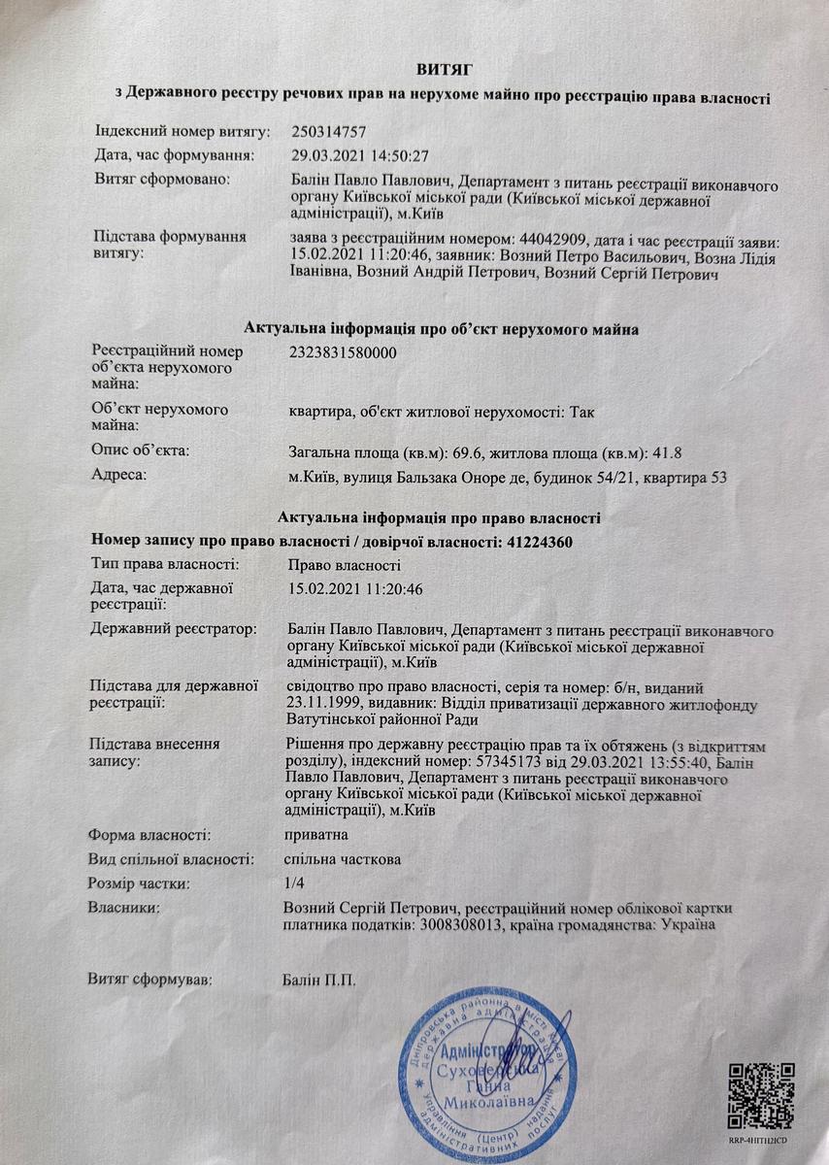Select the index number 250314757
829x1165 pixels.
[328, 130]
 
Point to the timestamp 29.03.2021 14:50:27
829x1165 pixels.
[359, 155]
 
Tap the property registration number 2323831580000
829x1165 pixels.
[343, 353]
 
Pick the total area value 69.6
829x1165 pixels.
[464, 451]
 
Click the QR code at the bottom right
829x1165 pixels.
[761, 1095]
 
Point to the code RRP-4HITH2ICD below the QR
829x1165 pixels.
[762, 1142]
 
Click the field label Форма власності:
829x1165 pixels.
[149, 834]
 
